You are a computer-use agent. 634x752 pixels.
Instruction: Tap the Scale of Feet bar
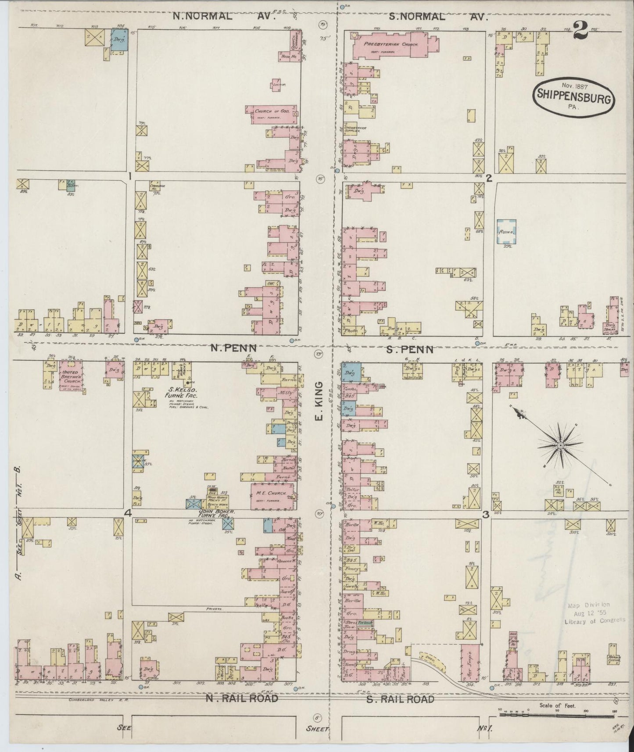[x=556, y=715]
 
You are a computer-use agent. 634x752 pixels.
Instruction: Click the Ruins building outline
[x=506, y=232]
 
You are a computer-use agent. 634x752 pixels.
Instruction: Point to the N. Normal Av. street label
[x=223, y=17]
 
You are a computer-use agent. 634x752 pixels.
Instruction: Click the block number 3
[x=486, y=515]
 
